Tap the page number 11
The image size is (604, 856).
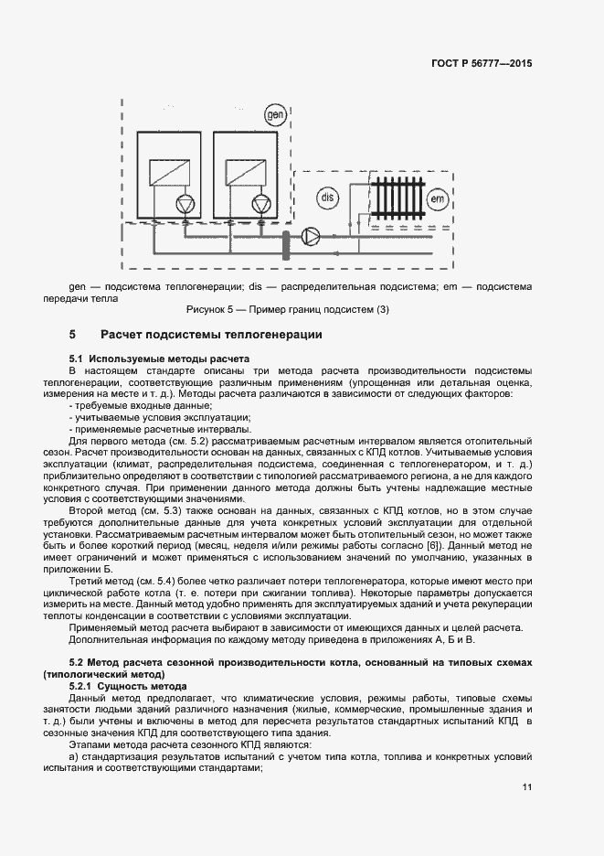point(527,787)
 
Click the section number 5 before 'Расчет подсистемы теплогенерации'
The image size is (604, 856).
point(72,335)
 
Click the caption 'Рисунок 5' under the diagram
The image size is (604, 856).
point(213,309)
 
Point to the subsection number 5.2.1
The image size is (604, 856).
point(83,686)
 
